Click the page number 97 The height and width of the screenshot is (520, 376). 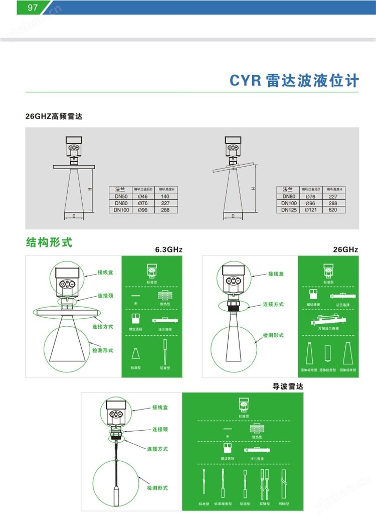click(33, 8)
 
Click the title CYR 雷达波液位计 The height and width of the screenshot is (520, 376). click(294, 81)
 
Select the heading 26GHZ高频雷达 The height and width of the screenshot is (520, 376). click(54, 116)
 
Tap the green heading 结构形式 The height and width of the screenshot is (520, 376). click(49, 242)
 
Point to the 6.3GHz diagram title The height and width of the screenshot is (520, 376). click(169, 249)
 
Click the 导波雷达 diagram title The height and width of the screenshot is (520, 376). click(287, 386)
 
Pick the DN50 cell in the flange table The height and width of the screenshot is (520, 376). click(121, 196)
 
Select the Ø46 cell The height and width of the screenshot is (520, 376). click(143, 196)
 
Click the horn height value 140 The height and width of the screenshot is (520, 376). click(165, 196)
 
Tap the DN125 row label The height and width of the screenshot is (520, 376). click(289, 210)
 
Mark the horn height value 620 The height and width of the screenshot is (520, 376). click(333, 210)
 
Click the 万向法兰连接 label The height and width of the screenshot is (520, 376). click(328, 328)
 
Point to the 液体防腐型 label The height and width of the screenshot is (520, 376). click(328, 370)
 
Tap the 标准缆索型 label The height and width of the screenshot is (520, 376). click(222, 503)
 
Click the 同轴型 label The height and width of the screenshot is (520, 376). click(283, 503)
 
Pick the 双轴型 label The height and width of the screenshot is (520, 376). click(264, 503)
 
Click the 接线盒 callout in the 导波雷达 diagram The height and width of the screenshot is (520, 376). click(160, 408)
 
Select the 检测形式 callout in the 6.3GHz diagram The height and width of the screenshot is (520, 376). click(103, 350)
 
